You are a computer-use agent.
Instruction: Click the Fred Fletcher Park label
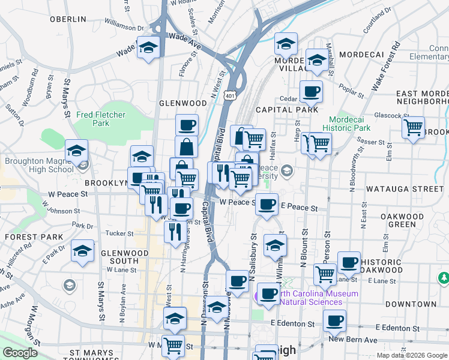92,118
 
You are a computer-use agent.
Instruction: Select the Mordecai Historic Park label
346,124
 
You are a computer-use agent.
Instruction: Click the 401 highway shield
231,95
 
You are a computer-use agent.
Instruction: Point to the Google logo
20,353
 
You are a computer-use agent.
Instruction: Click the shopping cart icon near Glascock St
414,127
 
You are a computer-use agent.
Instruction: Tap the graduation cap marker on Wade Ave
148,47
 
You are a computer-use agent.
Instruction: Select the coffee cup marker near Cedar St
311,92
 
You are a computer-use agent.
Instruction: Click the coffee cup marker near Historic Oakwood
349,262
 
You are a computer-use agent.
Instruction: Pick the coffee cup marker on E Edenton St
334,320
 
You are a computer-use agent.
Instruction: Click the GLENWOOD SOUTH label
124,257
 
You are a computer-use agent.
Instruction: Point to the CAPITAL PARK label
286,110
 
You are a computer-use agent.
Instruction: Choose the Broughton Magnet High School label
39,165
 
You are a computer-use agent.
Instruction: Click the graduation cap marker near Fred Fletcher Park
76,151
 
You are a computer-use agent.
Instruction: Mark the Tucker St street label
119,233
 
